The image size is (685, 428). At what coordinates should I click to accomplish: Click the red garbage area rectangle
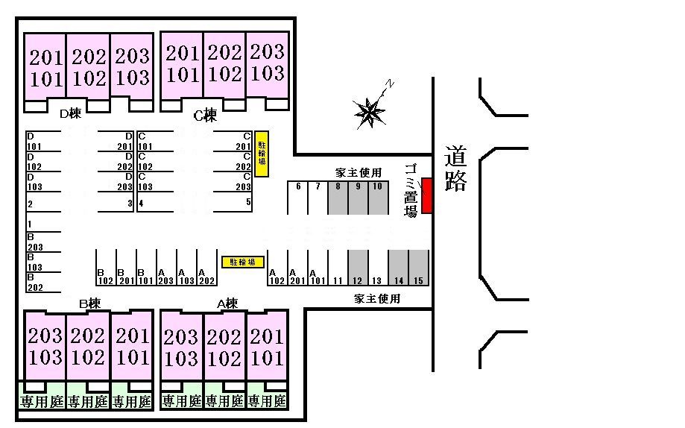(427, 195)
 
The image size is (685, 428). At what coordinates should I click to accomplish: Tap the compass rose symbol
(370, 112)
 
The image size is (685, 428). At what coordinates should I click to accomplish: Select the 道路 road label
(455, 169)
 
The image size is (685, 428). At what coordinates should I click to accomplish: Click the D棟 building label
(69, 113)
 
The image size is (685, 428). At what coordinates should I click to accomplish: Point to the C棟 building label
(205, 115)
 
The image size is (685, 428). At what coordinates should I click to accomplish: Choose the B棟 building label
(89, 303)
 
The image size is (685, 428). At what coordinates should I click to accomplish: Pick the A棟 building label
(227, 303)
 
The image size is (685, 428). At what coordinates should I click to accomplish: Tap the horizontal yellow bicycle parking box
(242, 262)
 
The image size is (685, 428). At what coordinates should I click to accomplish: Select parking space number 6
(298, 198)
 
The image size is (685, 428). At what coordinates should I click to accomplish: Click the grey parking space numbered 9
(358, 198)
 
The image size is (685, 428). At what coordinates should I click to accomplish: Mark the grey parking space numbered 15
(419, 268)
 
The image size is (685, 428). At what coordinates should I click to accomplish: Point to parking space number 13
(378, 268)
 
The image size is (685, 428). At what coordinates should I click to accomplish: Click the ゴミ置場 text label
(410, 189)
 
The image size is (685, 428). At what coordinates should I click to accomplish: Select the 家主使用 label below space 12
(377, 299)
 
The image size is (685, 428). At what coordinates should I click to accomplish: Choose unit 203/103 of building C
(267, 63)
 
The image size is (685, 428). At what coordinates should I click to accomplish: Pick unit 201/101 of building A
(266, 347)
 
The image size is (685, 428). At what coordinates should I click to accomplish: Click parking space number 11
(338, 268)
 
